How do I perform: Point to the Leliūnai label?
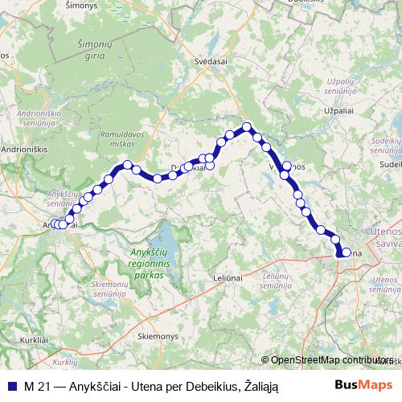tap(228, 277)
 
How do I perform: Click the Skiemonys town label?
tap(157, 335)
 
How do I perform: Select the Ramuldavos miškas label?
tap(121, 135)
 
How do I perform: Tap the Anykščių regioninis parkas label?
tap(146, 264)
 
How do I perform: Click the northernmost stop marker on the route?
tap(248, 126)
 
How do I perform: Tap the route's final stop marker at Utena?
tap(347, 252)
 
